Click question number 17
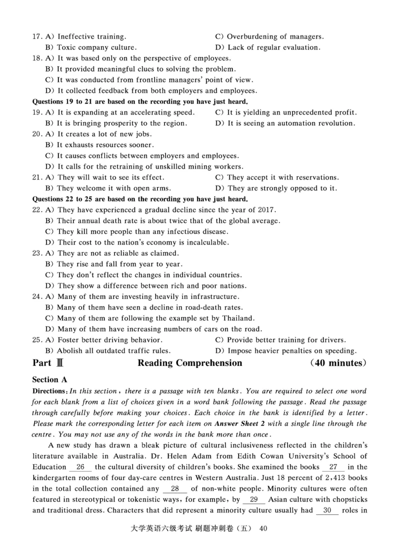[x=36, y=36]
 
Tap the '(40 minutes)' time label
[x=338, y=363]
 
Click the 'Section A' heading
[x=49, y=380]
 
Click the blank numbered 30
[x=327, y=510]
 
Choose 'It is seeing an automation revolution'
[x=291, y=123]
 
